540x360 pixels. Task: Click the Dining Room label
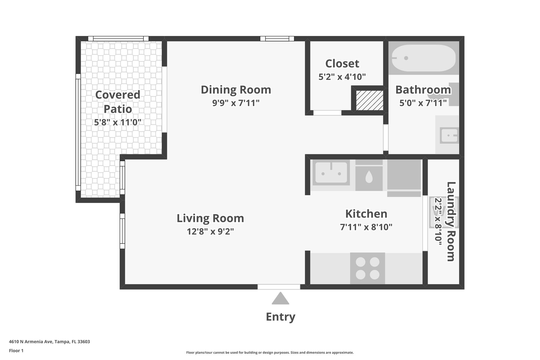click(x=236, y=90)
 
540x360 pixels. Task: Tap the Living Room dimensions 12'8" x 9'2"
click(x=210, y=231)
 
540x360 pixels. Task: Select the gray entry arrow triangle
click(x=280, y=298)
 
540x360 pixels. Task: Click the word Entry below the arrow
click(x=280, y=317)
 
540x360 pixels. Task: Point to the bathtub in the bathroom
click(x=424, y=58)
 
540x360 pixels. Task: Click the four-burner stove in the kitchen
click(x=368, y=268)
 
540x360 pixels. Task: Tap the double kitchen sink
click(x=331, y=172)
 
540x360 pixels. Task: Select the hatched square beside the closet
click(x=370, y=100)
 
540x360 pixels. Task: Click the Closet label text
click(x=342, y=64)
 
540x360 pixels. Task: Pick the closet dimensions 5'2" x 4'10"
click(x=342, y=77)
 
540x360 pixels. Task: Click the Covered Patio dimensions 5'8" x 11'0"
click(x=118, y=122)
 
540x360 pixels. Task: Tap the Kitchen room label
click(x=366, y=214)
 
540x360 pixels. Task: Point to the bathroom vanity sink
click(x=449, y=136)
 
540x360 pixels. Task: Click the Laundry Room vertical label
click(x=451, y=222)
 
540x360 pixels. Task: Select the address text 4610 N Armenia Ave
click(x=31, y=342)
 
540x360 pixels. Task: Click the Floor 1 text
click(x=16, y=351)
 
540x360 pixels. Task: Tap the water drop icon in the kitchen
click(x=369, y=177)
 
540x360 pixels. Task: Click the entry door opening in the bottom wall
click(x=279, y=287)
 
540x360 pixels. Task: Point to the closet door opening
click(x=327, y=113)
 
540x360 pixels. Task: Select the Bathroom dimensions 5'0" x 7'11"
click(x=423, y=103)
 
